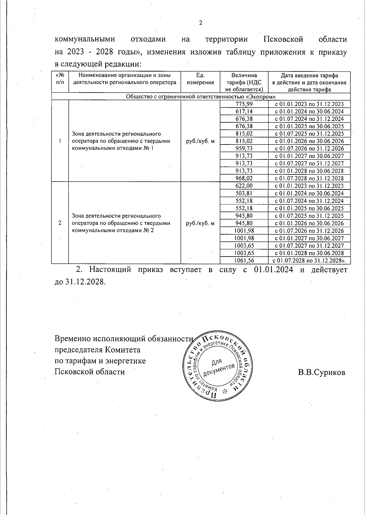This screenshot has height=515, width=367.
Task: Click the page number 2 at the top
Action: click(201, 23)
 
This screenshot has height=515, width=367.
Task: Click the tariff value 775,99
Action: click(244, 104)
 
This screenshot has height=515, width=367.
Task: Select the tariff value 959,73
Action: click(244, 149)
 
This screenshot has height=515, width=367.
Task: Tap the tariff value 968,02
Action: click(244, 178)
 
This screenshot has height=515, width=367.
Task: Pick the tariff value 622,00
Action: click(244, 186)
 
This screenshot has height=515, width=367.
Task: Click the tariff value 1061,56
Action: click(244, 261)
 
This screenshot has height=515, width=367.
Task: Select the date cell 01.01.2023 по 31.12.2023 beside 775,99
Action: click(309, 104)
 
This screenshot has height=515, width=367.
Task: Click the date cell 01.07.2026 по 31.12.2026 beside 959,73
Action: click(309, 149)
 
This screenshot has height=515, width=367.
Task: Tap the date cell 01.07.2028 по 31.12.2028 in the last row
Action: click(309, 261)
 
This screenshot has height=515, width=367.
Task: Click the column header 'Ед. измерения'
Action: click(200, 79)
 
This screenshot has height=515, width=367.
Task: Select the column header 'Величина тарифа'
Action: click(244, 82)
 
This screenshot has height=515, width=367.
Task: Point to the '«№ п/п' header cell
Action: click(60, 79)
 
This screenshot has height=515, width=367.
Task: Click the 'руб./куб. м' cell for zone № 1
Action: click(200, 141)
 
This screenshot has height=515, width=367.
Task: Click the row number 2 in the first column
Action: click(60, 223)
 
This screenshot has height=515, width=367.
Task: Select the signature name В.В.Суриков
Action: click(322, 372)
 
